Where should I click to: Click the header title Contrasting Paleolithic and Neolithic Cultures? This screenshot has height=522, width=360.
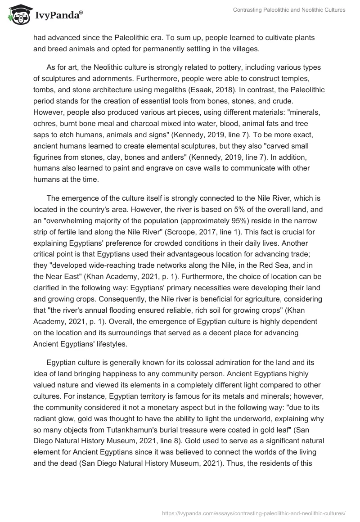(x=289, y=10)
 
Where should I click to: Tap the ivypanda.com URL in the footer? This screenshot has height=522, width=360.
(x=251, y=512)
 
